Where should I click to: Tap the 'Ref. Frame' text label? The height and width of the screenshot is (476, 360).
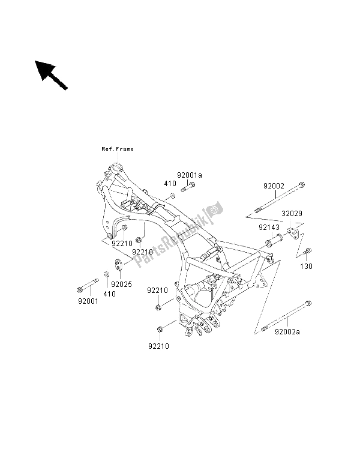coord(117,149)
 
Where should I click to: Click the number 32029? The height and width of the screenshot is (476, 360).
coord(292,213)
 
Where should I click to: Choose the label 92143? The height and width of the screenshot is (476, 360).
coord(270,227)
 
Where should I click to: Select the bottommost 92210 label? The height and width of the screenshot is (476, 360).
coord(159,346)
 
